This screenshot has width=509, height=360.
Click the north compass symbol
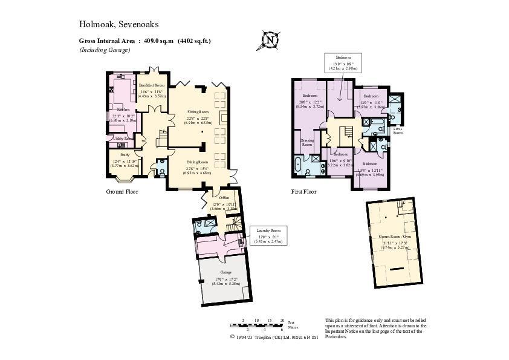pos(270,41)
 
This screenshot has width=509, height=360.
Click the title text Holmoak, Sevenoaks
pos(118,24)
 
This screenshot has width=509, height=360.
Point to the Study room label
pos(117,155)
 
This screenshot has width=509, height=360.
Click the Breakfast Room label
pos(152,85)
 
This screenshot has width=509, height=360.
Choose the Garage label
pos(225,272)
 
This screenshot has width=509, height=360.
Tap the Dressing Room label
pos(308,143)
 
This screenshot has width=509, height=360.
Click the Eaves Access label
pos(397,130)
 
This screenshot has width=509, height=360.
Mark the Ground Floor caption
pos(122,192)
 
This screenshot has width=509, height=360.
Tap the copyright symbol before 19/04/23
pos(232,337)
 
